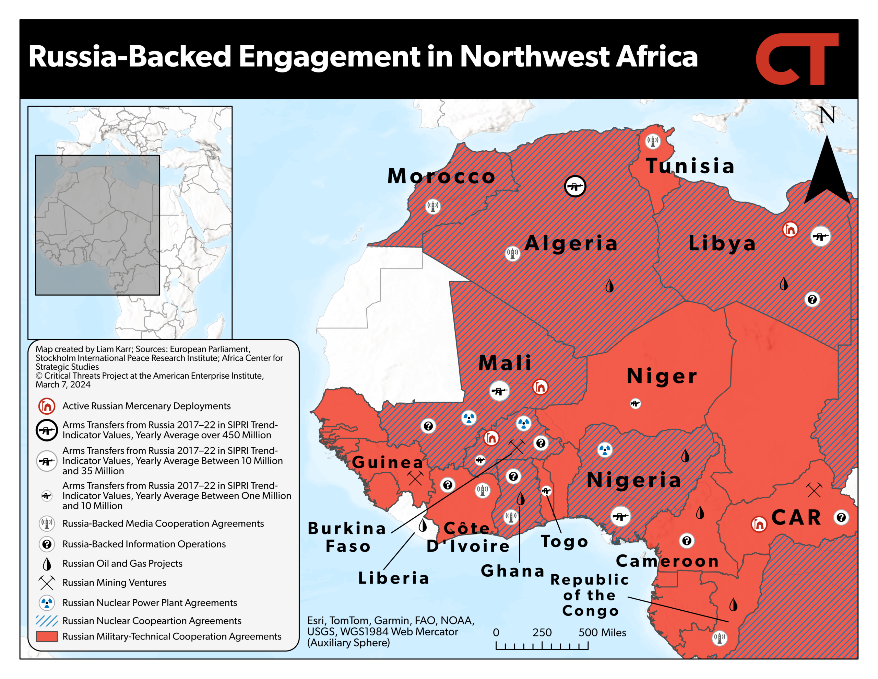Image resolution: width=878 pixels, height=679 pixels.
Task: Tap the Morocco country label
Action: [441, 176]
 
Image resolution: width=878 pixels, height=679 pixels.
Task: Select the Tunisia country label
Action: [690, 166]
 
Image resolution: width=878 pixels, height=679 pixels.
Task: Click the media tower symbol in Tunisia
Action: [652, 141]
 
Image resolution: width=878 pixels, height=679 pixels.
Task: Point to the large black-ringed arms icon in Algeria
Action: [575, 186]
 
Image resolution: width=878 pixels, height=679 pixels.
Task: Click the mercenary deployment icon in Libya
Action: [790, 229]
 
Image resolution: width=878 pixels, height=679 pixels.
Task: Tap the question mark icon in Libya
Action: [812, 299]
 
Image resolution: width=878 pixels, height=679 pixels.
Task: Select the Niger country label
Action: [662, 376]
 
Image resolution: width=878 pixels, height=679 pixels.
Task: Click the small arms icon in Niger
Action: [635, 403]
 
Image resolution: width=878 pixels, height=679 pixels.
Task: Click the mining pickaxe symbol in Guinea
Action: [415, 478]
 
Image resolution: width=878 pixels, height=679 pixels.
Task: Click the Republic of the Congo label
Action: [589, 595]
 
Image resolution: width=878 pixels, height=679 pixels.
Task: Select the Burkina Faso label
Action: [347, 537]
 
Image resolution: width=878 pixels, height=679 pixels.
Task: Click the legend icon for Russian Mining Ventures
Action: [47, 583]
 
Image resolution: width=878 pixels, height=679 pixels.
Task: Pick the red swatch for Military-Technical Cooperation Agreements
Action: [47, 636]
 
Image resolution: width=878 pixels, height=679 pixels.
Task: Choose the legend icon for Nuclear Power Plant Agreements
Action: [47, 602]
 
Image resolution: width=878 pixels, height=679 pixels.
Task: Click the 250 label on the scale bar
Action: [542, 632]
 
